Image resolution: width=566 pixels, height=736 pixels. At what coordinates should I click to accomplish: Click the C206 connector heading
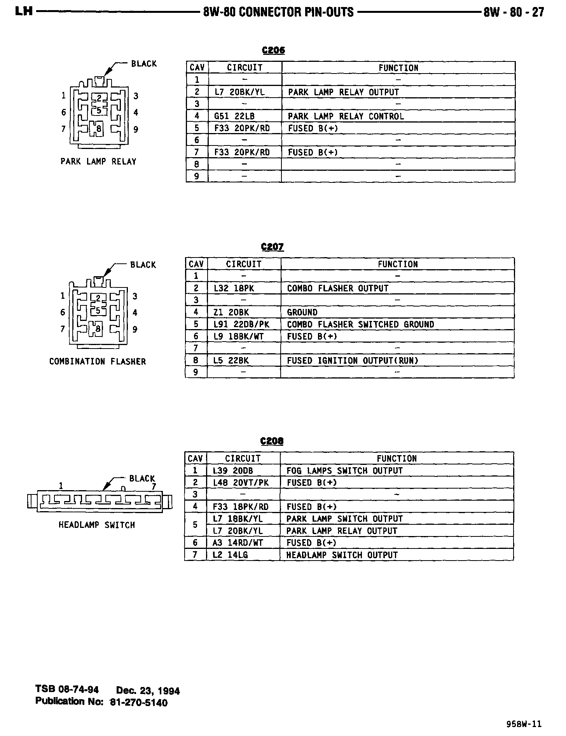(x=273, y=51)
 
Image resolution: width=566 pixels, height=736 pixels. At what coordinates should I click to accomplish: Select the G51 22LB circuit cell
(x=240, y=116)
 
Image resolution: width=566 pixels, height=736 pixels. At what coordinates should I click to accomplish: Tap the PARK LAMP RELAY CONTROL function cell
(x=346, y=116)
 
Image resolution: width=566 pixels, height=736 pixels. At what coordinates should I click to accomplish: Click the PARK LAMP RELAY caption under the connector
(x=98, y=161)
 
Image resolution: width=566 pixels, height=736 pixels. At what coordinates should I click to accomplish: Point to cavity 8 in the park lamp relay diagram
(x=99, y=129)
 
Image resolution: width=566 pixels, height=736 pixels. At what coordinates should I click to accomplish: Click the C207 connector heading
(x=273, y=247)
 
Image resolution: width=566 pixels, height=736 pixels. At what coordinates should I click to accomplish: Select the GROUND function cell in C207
(x=302, y=312)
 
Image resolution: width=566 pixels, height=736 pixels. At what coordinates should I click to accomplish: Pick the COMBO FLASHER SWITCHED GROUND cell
(x=360, y=324)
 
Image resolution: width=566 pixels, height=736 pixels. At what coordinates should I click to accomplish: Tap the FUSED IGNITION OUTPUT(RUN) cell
(x=353, y=361)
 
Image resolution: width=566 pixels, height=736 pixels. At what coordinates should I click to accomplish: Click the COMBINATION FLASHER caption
(x=98, y=361)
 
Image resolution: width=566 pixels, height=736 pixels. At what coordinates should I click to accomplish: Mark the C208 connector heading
(x=272, y=441)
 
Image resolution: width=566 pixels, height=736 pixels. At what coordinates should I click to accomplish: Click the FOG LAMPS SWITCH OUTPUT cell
(x=344, y=471)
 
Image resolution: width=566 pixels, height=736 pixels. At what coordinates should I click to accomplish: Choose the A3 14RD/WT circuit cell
(x=238, y=543)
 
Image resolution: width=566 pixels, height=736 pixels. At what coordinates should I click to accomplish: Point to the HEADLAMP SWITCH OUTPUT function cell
(x=342, y=555)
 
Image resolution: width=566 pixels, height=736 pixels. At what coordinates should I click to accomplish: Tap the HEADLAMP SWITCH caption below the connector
(x=97, y=525)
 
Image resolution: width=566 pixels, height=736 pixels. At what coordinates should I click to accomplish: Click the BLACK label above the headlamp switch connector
(x=142, y=478)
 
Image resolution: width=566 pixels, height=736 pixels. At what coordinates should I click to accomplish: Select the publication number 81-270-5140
(x=139, y=703)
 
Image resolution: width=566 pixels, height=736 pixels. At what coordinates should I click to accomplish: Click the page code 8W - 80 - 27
(x=514, y=12)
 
